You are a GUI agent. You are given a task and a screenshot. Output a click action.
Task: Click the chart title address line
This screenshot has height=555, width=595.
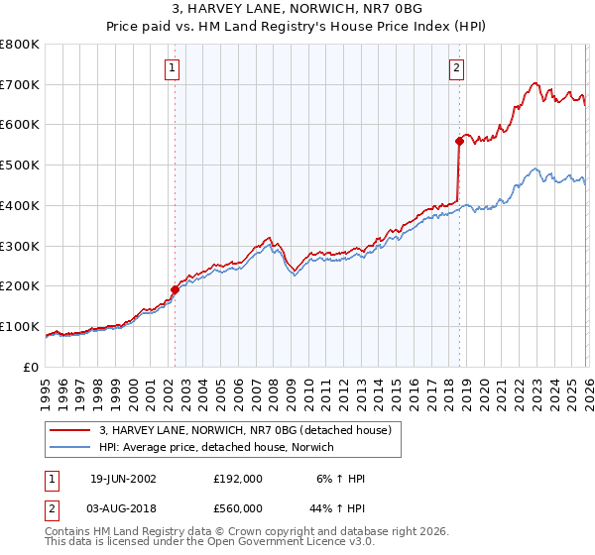[x=297, y=9]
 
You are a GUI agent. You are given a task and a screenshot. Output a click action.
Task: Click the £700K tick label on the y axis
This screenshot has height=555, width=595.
[x=20, y=85]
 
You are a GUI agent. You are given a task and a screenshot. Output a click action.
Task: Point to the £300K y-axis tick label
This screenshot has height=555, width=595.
[x=20, y=246]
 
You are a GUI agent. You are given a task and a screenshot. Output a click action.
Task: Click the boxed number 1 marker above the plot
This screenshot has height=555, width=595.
[x=173, y=68]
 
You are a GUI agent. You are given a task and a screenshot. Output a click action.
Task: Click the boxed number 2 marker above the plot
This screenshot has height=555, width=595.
[x=456, y=68]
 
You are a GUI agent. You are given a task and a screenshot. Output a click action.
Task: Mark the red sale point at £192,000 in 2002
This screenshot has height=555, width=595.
[x=176, y=289]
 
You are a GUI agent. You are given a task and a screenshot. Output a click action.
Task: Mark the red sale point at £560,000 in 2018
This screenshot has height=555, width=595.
[x=459, y=141]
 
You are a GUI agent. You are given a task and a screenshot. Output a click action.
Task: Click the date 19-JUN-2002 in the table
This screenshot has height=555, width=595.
[x=123, y=478]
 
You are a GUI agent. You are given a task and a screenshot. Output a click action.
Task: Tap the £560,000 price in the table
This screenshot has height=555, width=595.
[x=237, y=507]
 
